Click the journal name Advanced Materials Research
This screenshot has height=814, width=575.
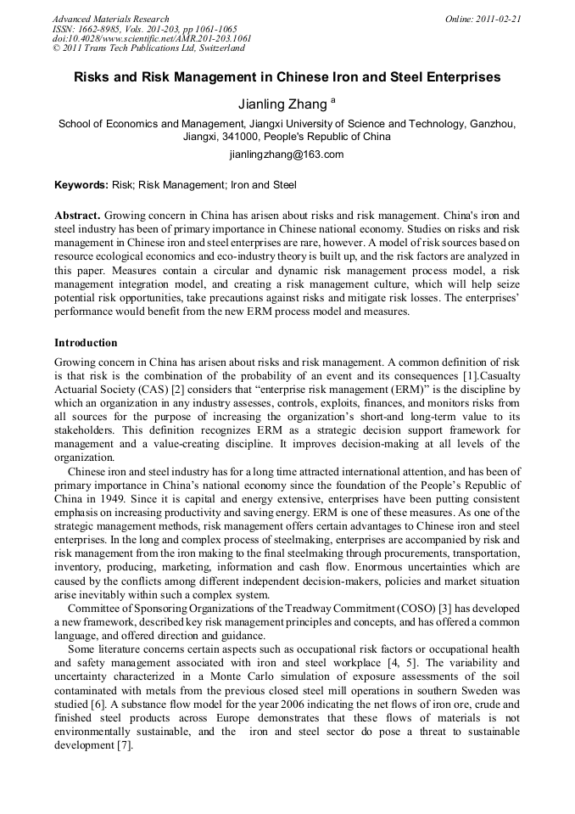[110, 19]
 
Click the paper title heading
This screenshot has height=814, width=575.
[287, 77]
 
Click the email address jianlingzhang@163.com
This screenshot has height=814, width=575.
[287, 154]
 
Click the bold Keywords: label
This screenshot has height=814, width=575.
[81, 184]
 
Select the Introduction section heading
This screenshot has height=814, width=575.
[86, 343]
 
